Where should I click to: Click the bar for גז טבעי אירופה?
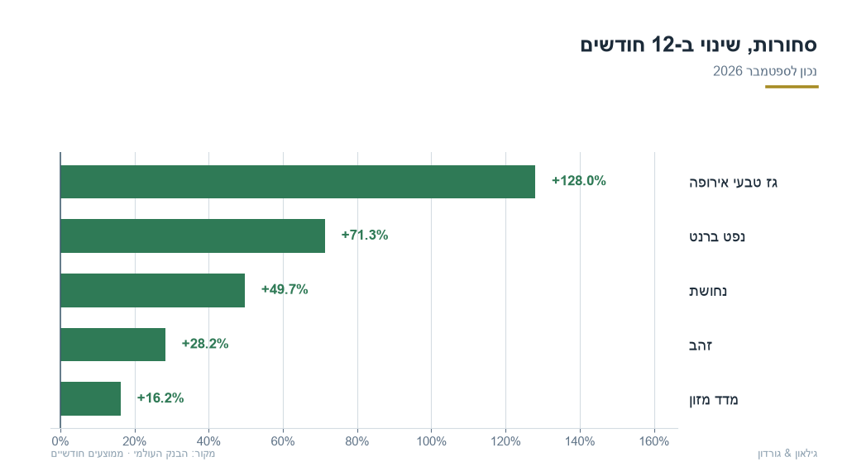298,182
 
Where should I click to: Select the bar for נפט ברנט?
193,236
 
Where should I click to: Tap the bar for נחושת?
153,290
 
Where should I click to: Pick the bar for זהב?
112,345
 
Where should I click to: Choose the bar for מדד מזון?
91,399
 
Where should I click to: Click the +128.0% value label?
578,181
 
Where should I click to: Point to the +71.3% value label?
365,236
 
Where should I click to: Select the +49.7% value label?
285,290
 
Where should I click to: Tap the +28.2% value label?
205,344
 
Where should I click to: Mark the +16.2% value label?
160,398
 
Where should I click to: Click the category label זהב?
701,345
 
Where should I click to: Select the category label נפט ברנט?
717,237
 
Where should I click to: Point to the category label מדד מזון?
713,400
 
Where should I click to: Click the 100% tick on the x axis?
431,441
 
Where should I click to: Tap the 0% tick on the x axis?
60,441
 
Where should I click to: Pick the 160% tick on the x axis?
654,441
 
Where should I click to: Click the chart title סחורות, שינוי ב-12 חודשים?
698,45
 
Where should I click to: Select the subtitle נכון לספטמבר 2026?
765,71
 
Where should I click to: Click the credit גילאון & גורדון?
787,454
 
